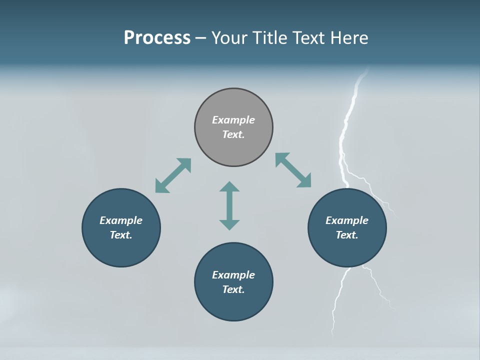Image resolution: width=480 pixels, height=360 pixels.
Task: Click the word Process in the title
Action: click(x=157, y=37)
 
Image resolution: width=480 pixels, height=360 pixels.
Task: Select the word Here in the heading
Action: click(x=350, y=37)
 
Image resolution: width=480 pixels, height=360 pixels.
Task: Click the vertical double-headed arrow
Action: click(x=229, y=205)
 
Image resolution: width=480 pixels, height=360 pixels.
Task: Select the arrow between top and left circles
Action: click(x=173, y=175)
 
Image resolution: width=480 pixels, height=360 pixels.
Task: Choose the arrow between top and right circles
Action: click(x=293, y=170)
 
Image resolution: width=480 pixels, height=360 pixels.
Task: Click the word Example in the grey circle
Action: click(x=233, y=120)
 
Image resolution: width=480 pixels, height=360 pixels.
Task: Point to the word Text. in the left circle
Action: click(x=121, y=235)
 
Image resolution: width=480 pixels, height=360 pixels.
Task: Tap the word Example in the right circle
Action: click(x=347, y=220)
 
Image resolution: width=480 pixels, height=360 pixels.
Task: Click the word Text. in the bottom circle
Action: click(x=233, y=289)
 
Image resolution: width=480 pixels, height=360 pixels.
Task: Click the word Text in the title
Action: click(x=309, y=37)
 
